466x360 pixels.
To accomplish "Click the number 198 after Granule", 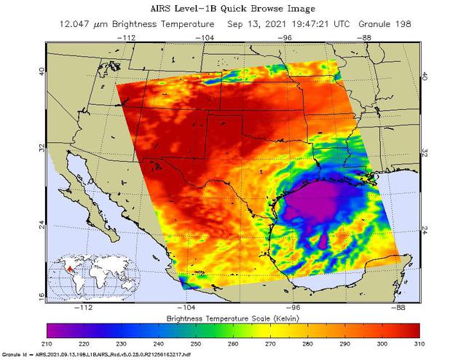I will (402, 23).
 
